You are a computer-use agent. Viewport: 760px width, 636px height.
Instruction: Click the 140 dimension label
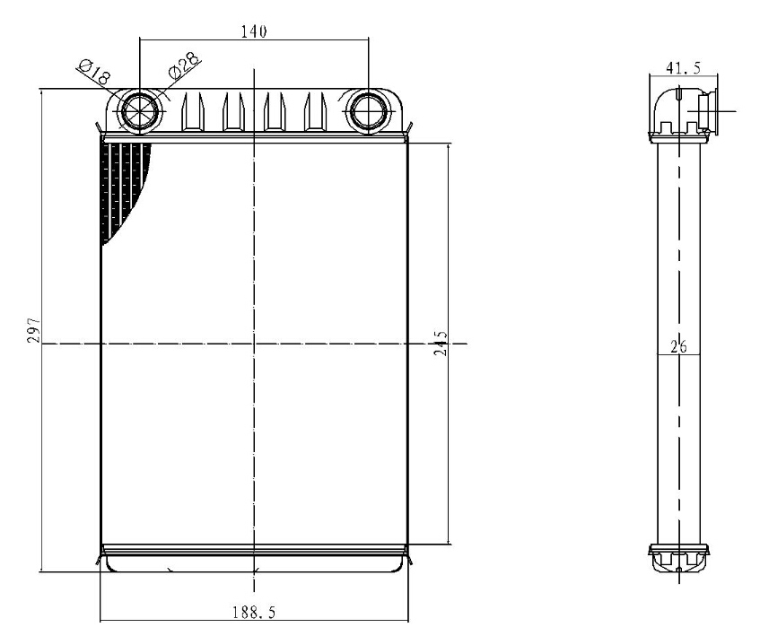[254, 31]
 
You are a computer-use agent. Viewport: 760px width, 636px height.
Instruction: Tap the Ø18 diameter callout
[94, 72]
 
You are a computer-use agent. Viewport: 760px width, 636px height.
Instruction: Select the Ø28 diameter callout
[184, 65]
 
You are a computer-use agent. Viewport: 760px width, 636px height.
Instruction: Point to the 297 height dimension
[33, 330]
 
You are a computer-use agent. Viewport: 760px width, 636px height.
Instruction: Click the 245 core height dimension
[440, 343]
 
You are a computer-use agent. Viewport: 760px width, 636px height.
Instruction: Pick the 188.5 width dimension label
[254, 613]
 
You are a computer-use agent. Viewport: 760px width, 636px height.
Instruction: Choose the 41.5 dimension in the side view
[684, 68]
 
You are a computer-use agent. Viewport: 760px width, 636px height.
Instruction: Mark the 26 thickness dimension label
[678, 346]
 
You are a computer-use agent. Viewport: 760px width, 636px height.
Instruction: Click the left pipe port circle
[140, 111]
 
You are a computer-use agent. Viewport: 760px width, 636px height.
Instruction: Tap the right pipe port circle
[369, 111]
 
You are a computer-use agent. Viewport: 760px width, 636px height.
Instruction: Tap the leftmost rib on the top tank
[192, 112]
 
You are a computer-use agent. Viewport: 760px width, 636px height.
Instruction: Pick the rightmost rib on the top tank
[315, 112]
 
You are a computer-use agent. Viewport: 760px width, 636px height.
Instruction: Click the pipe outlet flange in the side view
[708, 111]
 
